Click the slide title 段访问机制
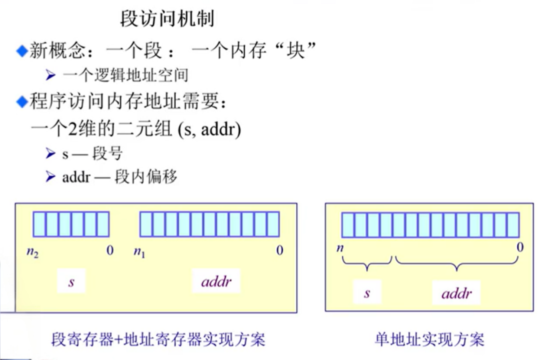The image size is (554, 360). click(x=167, y=19)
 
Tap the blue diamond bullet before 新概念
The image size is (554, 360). click(x=22, y=50)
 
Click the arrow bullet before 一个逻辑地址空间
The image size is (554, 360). click(x=50, y=75)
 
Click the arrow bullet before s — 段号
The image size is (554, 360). click(x=50, y=153)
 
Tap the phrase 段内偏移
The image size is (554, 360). click(x=146, y=177)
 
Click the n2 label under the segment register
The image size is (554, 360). click(x=33, y=251)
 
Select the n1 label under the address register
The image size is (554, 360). click(x=139, y=251)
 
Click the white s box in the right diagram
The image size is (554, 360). click(x=367, y=292)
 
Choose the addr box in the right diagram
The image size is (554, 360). click(x=456, y=293)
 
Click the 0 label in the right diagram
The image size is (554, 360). click(x=520, y=247)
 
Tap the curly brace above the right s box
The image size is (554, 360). click(x=367, y=264)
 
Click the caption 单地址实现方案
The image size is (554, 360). click(x=429, y=339)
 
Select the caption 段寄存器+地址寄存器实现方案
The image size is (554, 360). click(x=158, y=339)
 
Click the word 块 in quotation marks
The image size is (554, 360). click(x=296, y=50)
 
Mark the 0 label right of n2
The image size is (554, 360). click(x=110, y=250)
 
